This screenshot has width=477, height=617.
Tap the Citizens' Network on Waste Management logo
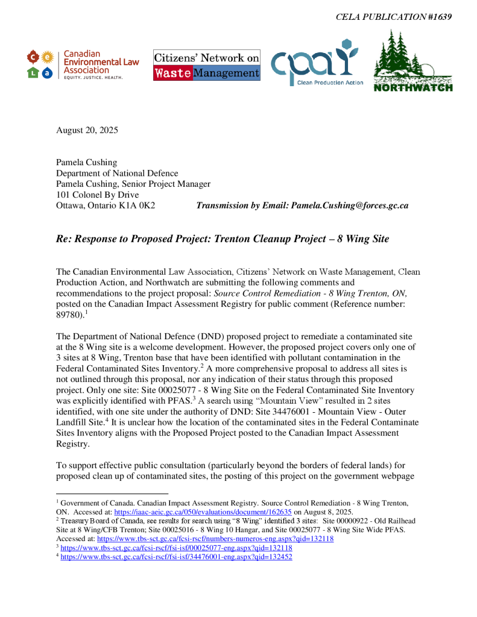tap(207, 65)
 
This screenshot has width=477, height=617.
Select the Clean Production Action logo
tap(317, 63)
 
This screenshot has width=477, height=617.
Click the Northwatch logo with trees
tap(413, 62)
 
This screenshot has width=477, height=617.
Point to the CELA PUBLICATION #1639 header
tap(393, 17)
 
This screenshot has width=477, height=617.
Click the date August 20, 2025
tap(87, 130)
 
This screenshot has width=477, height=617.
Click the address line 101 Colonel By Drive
tap(97, 195)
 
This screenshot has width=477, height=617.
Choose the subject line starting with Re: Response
tap(223, 239)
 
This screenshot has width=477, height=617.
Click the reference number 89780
tap(68, 315)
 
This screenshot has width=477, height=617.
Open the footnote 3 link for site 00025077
tap(177, 548)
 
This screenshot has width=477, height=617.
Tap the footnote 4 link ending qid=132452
tap(177, 557)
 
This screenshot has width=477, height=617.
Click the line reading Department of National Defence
tap(117, 174)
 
